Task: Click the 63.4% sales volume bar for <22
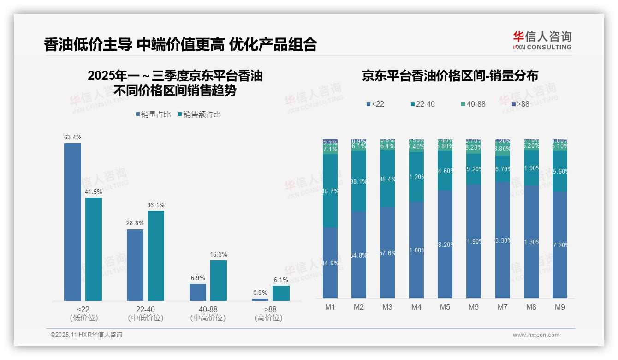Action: pos(72,222)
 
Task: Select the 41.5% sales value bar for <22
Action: pos(94,249)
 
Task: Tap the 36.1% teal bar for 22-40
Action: pos(156,256)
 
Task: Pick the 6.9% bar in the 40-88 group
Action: pos(198,292)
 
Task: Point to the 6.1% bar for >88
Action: pos(281,293)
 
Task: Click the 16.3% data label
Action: pos(219,254)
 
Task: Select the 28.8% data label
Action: pos(135,223)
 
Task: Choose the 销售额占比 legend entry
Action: pos(199,114)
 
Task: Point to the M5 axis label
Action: pos(445,307)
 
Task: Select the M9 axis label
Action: pos(559,307)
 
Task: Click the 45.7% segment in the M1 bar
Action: pos(330,191)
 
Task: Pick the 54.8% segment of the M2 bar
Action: pos(359,255)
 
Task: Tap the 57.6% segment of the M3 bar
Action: pos(387,252)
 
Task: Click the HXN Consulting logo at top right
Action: pos(542,41)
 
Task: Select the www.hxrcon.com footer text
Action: pos(536,335)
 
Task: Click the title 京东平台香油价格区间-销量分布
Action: pos(450,76)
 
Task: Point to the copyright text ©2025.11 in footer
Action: pos(86,335)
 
